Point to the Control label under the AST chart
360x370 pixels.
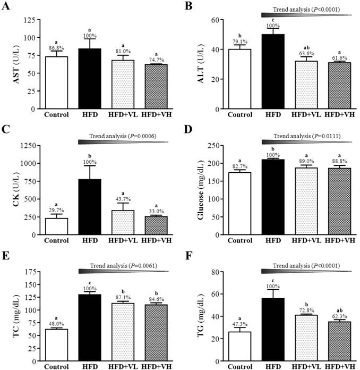pyautogui.click(x=56, y=114)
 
